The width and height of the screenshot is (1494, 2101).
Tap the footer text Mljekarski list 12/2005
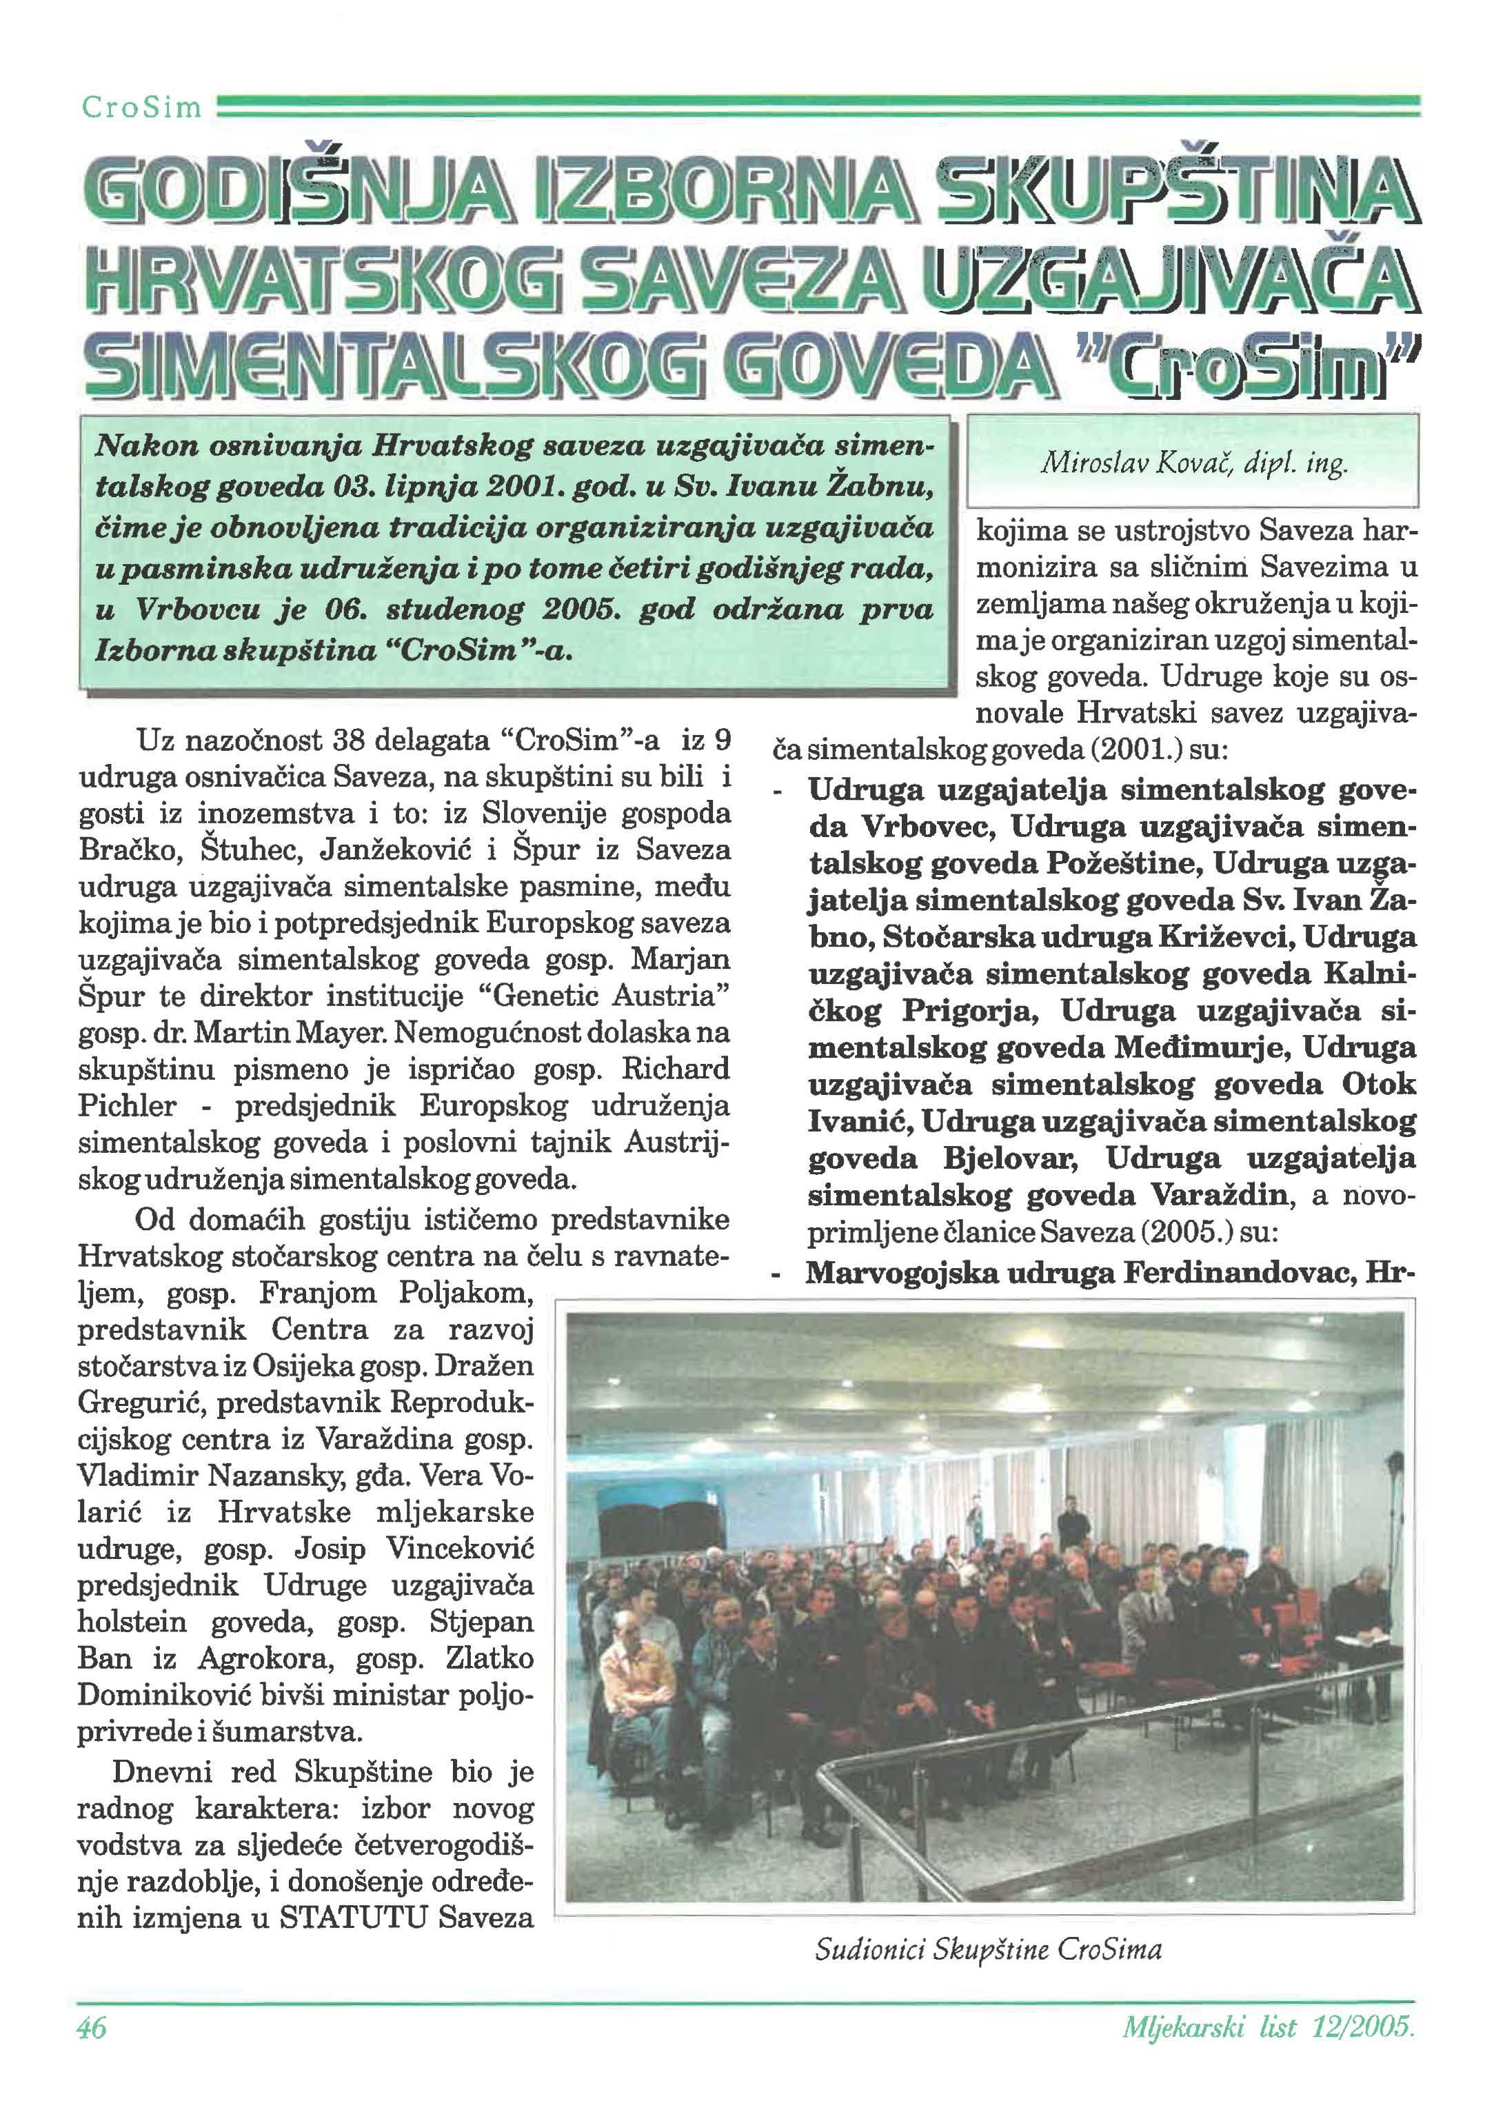(x=1268, y=2027)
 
